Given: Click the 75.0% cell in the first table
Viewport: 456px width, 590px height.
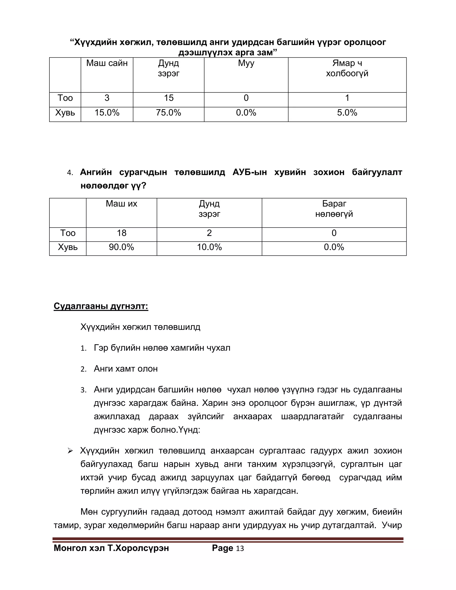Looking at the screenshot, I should pos(168,113).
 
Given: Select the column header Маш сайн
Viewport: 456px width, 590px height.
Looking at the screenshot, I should pos(107,63).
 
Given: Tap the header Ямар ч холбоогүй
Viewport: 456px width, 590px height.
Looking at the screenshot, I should pos(347,68).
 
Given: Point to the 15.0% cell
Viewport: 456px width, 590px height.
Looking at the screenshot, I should pos(107,113).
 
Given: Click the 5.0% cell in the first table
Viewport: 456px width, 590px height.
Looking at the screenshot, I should pos(347,113).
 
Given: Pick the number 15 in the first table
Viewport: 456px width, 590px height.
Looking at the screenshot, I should pos(169,98).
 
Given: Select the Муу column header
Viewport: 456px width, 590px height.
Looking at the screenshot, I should pos(246,63).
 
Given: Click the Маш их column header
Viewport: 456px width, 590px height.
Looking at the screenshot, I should pos(121,204).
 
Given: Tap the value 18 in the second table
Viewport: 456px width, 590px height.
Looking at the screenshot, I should pos(121,233).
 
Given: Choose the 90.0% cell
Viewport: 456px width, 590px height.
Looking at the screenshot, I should pos(121,247).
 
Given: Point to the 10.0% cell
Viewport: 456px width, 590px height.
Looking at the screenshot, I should pos(209,247).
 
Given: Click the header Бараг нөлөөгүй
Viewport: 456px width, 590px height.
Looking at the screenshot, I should pos(334,209).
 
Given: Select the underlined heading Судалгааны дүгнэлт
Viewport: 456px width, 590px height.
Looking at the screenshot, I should pos(101,306).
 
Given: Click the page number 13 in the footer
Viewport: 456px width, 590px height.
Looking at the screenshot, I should pos(240,549).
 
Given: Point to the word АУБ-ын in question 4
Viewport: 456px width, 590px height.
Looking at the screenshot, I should pos(249,172).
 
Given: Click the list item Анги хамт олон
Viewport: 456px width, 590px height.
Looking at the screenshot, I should pos(126,369).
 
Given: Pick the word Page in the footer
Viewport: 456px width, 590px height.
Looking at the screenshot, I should pos(222,548).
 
